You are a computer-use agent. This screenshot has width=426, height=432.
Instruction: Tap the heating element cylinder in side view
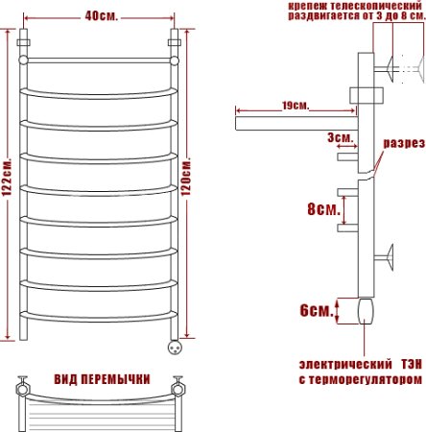point(366,311)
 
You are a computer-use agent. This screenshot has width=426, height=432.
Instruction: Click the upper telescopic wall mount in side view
point(392,68)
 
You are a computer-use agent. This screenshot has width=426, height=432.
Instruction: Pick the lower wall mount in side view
point(389,257)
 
